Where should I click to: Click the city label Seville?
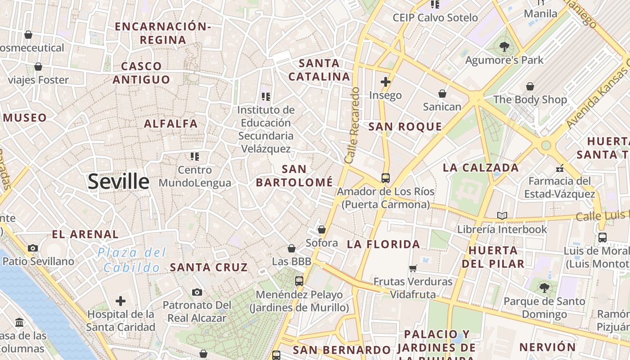coord(118,181)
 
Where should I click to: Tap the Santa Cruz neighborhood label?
coord(209,267)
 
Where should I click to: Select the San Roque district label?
coord(405,126)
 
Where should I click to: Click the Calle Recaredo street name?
coord(352,125)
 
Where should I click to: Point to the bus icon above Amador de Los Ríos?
coord(386,178)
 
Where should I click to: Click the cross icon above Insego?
coord(385,82)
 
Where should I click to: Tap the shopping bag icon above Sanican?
coord(442,94)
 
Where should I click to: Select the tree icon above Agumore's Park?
coord(504,46)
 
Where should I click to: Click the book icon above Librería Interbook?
coord(502,216)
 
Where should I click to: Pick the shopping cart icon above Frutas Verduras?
coord(413,269)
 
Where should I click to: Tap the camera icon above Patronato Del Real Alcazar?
coord(197,292)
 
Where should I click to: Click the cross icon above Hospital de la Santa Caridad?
coord(121,301)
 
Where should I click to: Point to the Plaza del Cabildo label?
coord(132,260)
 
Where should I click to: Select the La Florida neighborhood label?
coord(383,244)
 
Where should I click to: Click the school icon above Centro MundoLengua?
coord(194,157)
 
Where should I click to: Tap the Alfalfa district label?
coord(171,123)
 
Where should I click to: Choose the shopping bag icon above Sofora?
coord(322,230)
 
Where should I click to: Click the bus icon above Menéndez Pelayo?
coord(299,281)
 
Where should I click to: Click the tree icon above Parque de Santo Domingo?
coord(544,288)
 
